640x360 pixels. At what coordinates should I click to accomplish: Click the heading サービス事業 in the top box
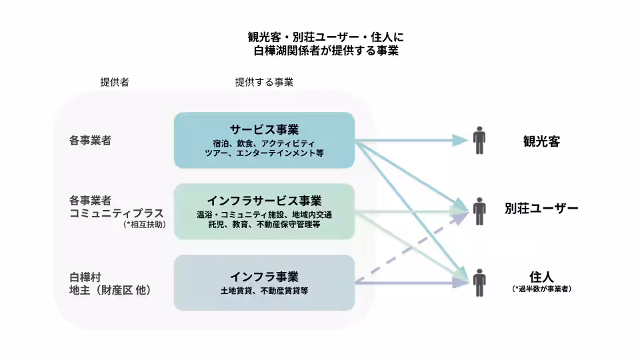[x=264, y=129]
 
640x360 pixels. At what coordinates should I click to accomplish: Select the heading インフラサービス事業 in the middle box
[x=264, y=201]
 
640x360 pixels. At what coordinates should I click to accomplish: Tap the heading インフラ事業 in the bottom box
[x=264, y=277]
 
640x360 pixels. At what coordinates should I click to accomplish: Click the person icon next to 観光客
[x=479, y=140]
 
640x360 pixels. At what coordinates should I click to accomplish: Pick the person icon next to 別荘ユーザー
[x=479, y=211]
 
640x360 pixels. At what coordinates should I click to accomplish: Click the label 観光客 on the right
[x=541, y=141]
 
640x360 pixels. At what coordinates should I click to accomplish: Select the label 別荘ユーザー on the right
[x=541, y=208]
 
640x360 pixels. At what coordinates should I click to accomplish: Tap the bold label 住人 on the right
[x=541, y=276]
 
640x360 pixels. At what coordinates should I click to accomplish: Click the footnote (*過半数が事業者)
[x=541, y=289]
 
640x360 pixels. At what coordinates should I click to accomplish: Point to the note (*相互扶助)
[x=144, y=225]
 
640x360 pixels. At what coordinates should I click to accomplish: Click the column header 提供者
[x=115, y=83]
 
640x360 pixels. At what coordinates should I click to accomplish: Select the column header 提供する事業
[x=264, y=83]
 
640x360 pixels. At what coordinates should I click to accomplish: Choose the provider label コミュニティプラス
[x=117, y=213]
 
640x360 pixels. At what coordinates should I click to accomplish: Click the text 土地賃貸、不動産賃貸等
[x=264, y=291]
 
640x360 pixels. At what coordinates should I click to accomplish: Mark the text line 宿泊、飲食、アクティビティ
[x=264, y=143]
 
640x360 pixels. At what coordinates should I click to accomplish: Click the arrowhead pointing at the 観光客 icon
[x=460, y=140]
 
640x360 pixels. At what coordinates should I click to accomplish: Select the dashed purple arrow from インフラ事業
[x=407, y=250]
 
